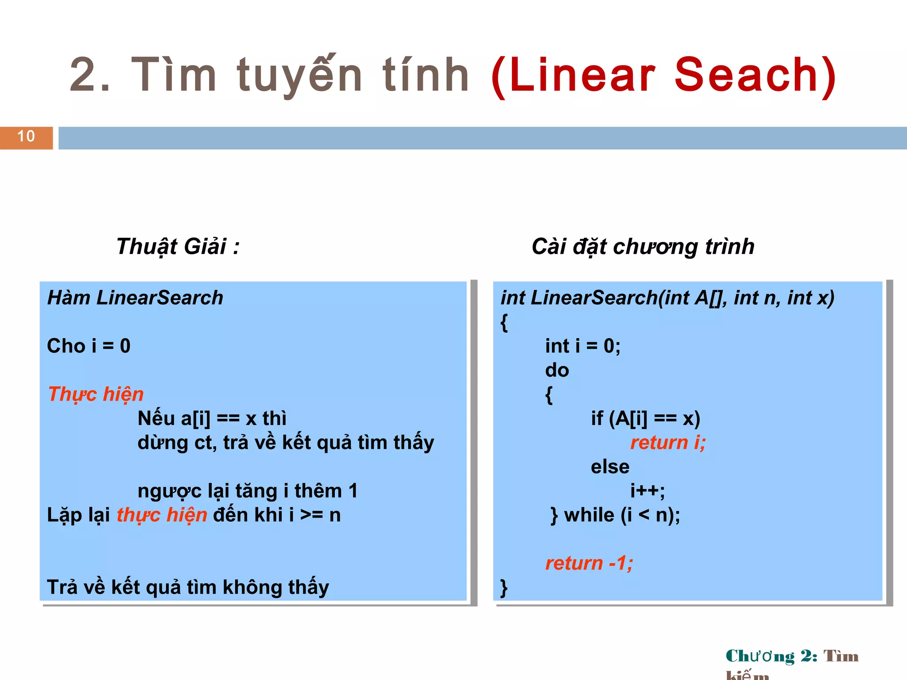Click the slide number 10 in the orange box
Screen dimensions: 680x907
(26, 136)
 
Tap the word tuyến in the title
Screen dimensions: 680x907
(299, 75)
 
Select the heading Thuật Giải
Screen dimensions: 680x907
(178, 247)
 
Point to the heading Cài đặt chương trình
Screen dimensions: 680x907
(643, 247)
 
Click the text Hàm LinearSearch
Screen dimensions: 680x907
(135, 298)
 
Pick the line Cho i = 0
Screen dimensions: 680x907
(89, 346)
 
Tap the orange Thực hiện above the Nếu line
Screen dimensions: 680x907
(96, 394)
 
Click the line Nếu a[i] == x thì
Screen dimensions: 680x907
(212, 418)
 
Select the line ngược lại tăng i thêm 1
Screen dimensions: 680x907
(247, 491)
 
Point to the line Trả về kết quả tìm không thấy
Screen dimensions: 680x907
(188, 587)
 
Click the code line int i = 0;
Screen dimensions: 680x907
(582, 346)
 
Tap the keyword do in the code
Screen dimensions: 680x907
(557, 370)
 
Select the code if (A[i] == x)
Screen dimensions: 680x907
(645, 418)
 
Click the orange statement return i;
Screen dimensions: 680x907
(668, 443)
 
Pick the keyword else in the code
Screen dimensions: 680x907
(610, 467)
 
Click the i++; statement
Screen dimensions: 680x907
(647, 491)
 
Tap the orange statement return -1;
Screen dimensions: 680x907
(589, 563)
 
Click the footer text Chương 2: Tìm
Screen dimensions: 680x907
(792, 656)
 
